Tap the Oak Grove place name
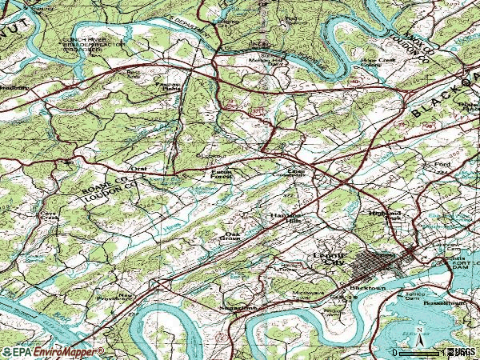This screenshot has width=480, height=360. pyautogui.click(x=230, y=234)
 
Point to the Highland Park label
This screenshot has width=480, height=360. pyautogui.click(x=383, y=217)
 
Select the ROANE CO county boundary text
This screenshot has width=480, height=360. pyautogui.click(x=109, y=183)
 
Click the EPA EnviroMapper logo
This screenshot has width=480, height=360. pyautogui.click(x=52, y=351)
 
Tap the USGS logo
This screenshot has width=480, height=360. pyautogui.click(x=462, y=351)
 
